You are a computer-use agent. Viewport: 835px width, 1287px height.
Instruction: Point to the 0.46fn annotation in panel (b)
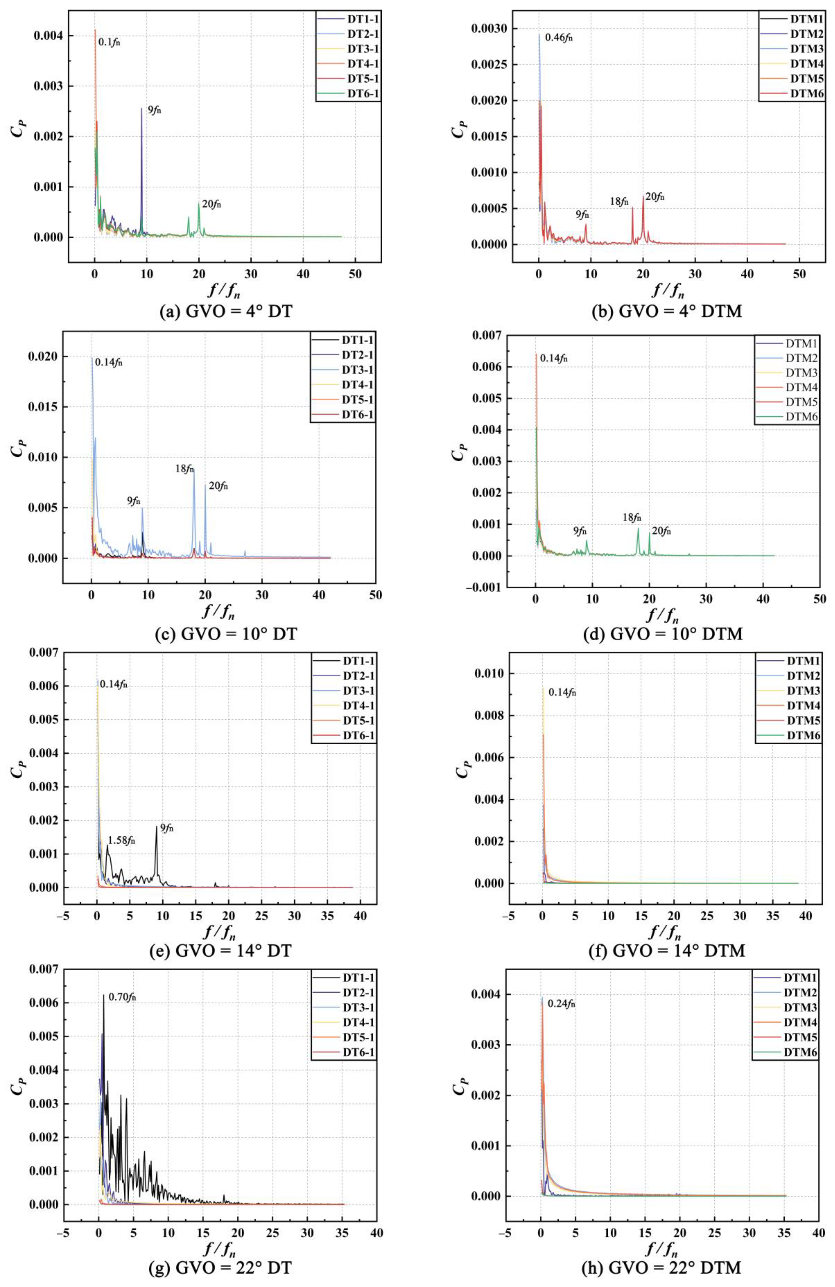pyautogui.click(x=558, y=38)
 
